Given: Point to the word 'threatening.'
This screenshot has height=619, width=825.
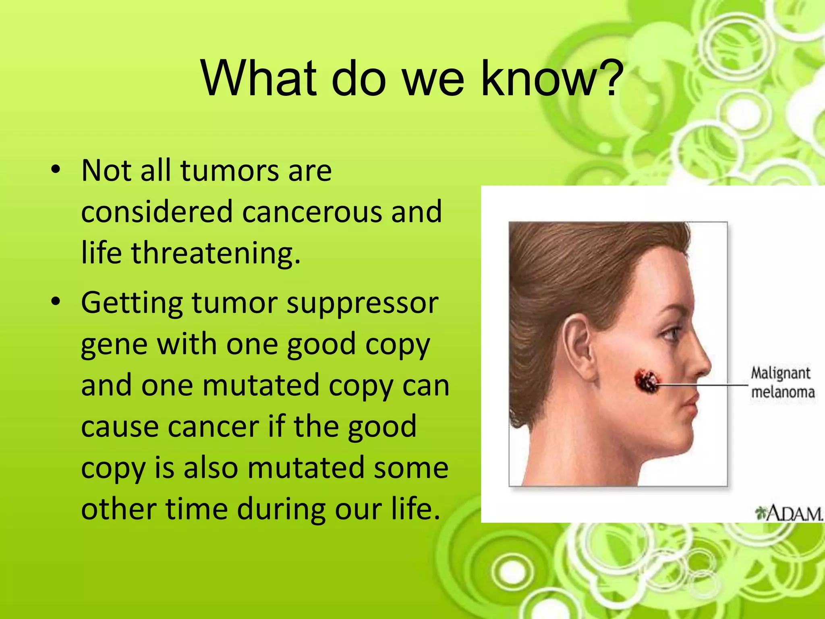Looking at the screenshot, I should click(x=216, y=253).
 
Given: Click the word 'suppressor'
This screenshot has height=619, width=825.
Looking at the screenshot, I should click(x=362, y=303).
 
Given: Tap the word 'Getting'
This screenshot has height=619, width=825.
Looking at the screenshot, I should click(x=132, y=303).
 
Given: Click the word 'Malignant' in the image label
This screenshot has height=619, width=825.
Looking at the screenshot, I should click(x=780, y=373).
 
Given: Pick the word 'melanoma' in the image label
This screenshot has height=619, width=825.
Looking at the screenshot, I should click(x=783, y=392).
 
